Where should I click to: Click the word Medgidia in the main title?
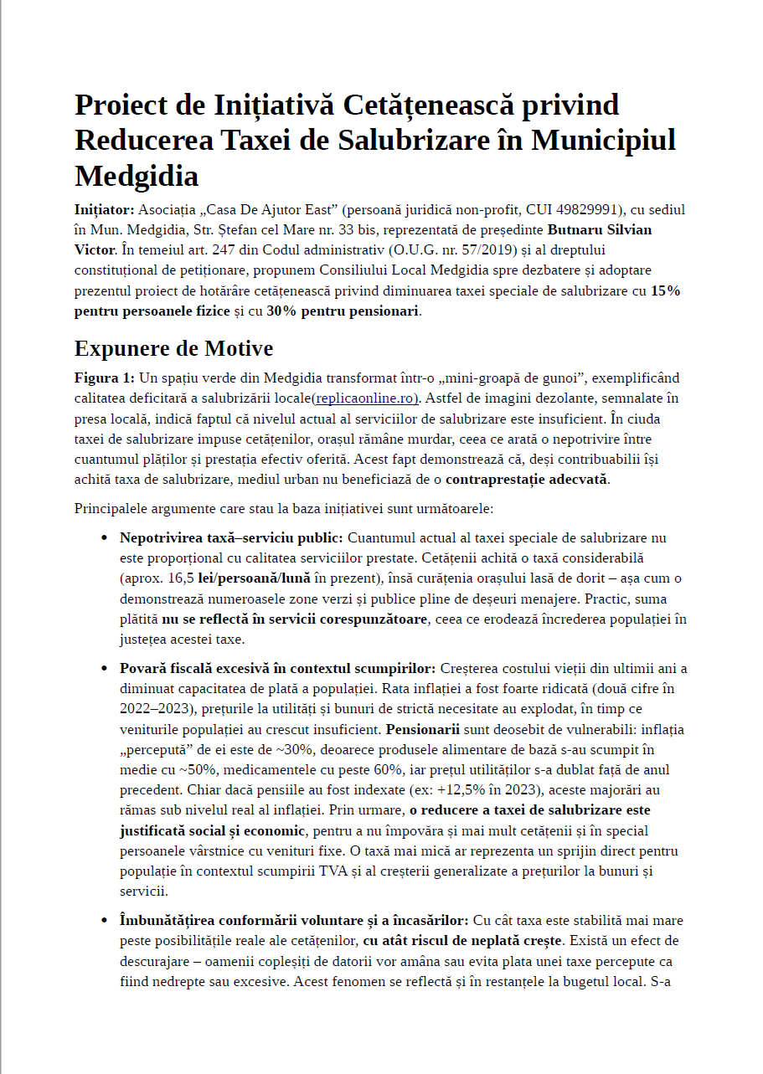pyautogui.click(x=137, y=177)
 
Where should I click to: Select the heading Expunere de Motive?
pyautogui.click(x=173, y=348)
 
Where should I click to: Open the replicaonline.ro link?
pyautogui.click(x=366, y=398)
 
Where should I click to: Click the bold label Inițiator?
pyautogui.click(x=104, y=209)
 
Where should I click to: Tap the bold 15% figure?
pyautogui.click(x=665, y=291)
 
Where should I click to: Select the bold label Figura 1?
pyautogui.click(x=104, y=378)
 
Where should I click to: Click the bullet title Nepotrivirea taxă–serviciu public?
pyautogui.click(x=231, y=537)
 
